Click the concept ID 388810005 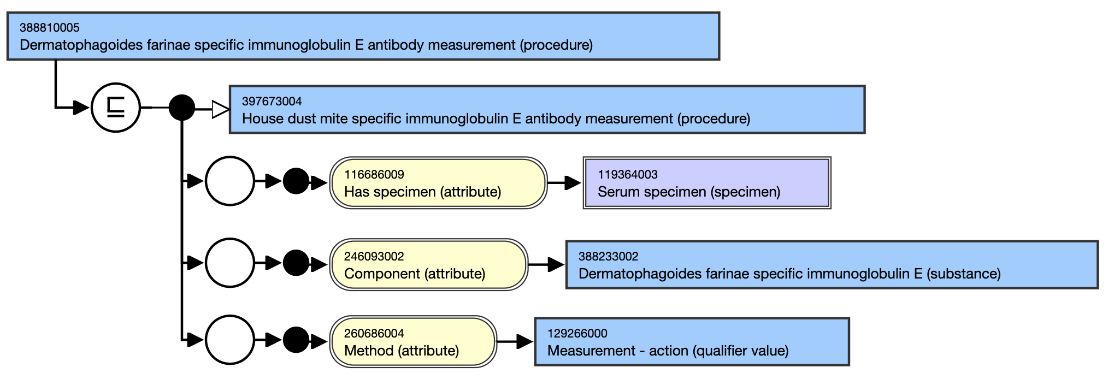pos(50,27)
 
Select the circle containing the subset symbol pos(116,108)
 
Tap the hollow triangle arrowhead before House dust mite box pos(221,109)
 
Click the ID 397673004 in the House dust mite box pos(272,101)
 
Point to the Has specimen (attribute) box pos(438,183)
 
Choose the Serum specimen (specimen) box pos(707,183)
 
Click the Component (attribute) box pos(429,265)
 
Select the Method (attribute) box pos(413,342)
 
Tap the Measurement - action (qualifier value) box pos(692,342)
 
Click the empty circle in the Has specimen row pos(230,181)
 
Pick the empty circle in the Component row pos(230,263)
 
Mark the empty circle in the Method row pos(230,340)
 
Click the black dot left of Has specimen pos(296,181)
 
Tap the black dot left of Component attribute pos(296,263)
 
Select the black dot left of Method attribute pos(296,340)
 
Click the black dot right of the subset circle pos(182,108)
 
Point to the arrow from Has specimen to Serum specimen pos(565,183)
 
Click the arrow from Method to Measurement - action pos(515,342)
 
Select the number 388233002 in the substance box pos(609,256)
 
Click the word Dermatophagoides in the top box pos(81,45)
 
